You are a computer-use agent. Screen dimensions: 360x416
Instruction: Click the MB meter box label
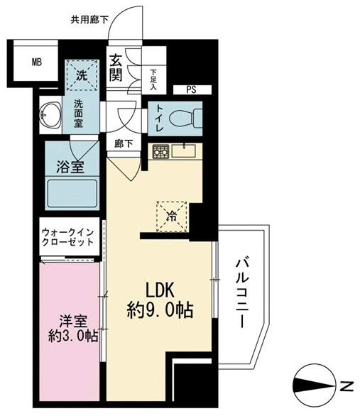[x=37, y=62]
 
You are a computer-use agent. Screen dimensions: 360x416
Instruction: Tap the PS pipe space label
[x=191, y=89]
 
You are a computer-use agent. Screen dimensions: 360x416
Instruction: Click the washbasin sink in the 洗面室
[x=50, y=115]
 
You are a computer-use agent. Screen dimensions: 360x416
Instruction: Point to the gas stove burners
[x=160, y=151]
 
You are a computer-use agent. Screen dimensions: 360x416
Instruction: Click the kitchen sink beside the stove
[x=183, y=150]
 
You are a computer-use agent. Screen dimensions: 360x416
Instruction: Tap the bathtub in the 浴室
[x=72, y=194]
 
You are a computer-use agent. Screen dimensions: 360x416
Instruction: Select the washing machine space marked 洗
[x=82, y=75]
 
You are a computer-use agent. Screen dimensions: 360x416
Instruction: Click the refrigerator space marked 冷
[x=172, y=217]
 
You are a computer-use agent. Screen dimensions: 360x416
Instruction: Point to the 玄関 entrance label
[x=116, y=67]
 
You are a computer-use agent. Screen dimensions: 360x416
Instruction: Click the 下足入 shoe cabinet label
[x=153, y=80]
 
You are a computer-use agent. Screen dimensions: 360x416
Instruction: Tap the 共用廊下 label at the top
[x=89, y=20]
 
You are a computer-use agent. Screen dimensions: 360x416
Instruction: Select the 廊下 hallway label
[x=124, y=144]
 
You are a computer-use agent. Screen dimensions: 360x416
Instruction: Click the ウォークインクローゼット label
[x=68, y=237]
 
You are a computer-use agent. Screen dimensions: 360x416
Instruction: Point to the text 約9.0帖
[x=160, y=310]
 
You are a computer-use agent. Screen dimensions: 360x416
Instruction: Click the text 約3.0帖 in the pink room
[x=73, y=336]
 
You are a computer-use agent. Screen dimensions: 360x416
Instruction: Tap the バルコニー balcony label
[x=242, y=293]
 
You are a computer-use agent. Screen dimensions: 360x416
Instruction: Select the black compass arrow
[x=314, y=385]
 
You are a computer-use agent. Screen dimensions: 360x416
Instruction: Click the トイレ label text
[x=160, y=118]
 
